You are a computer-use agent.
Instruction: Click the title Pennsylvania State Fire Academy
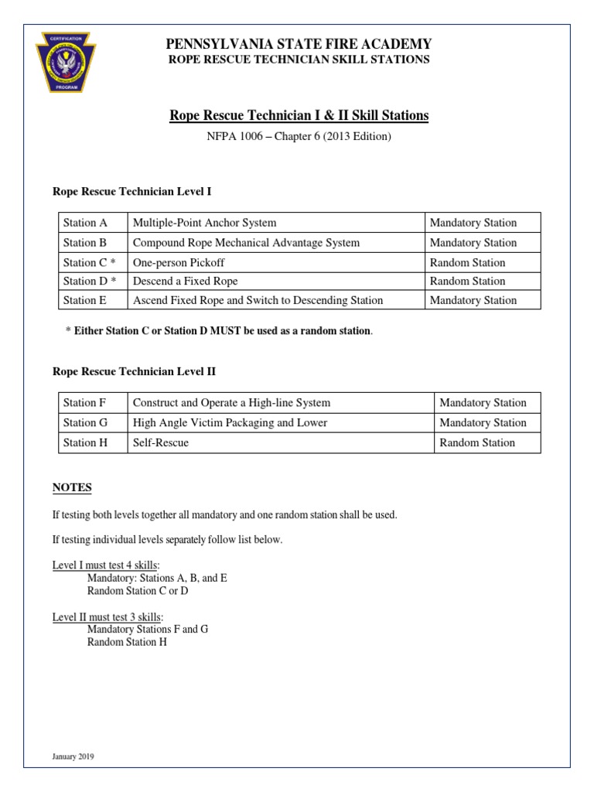299,44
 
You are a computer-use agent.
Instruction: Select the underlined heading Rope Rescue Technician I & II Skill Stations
299,116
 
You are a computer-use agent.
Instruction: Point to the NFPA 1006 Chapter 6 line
299,137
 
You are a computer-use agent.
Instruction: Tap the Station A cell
85,223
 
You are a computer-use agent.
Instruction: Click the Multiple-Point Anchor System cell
204,223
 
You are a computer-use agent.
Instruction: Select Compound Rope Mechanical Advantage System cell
246,243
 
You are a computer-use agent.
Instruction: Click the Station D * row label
89,281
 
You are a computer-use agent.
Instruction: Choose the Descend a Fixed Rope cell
185,281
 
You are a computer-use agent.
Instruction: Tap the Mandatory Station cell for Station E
473,300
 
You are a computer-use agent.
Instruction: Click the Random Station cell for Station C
467,262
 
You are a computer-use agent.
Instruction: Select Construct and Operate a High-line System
231,403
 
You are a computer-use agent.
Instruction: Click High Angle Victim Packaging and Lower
230,423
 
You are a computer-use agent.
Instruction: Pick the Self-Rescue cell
161,443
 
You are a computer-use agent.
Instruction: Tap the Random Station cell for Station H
476,443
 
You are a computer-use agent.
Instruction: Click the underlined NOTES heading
72,488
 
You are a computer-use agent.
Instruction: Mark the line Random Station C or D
138,591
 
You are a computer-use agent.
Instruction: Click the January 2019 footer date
73,756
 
